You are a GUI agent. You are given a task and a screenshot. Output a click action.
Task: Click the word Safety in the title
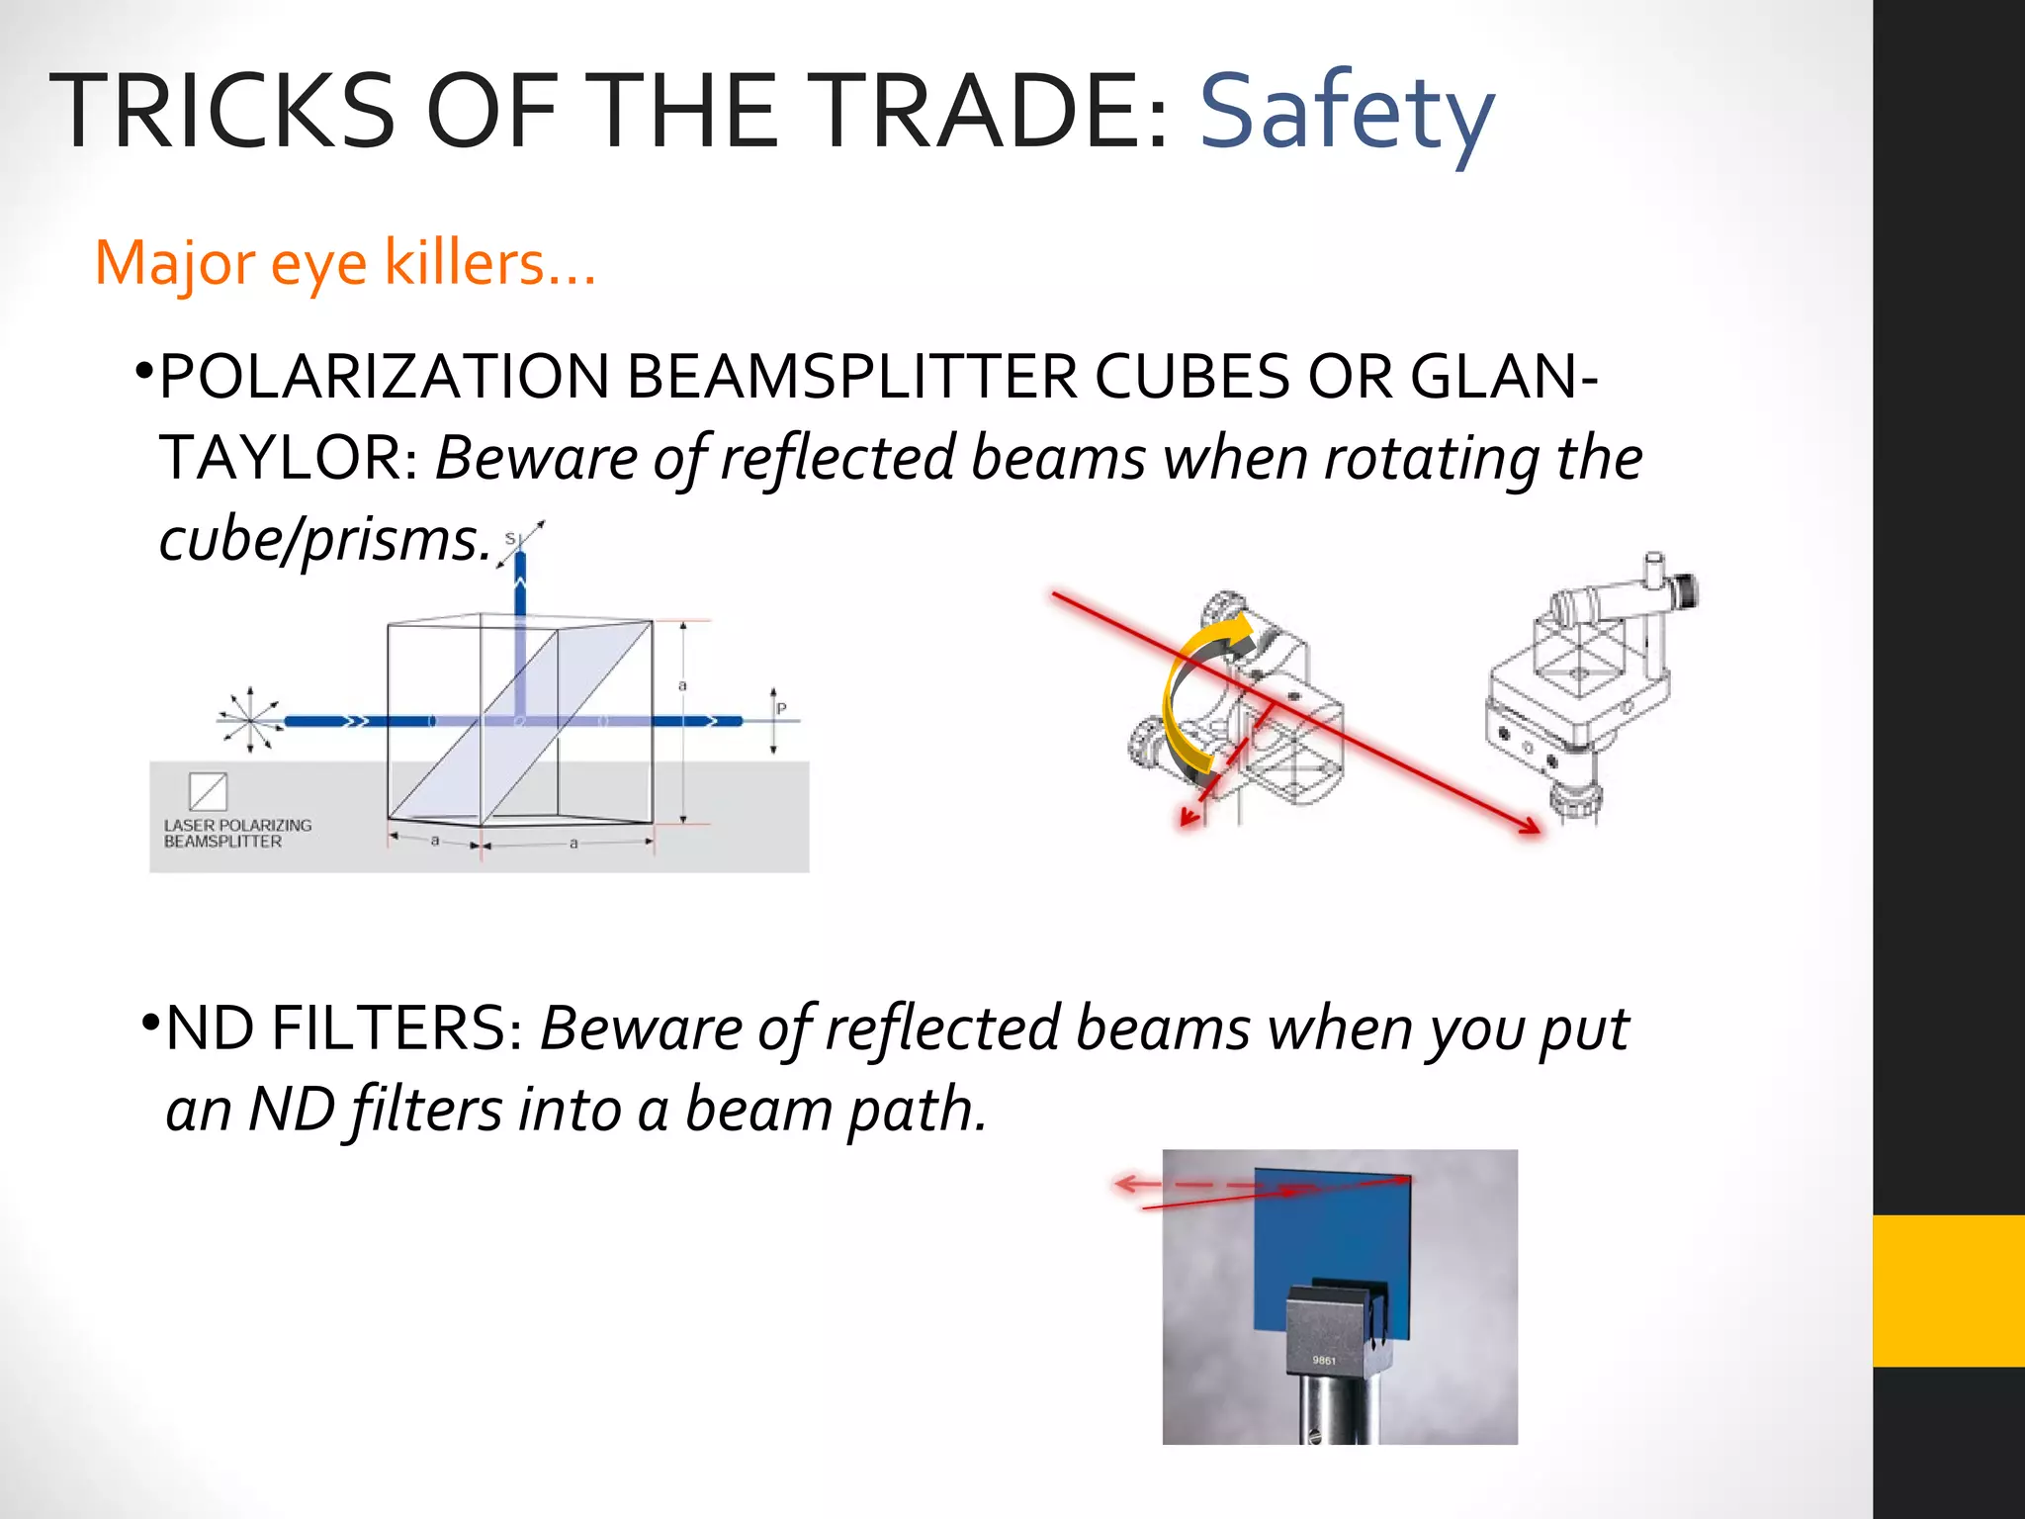point(1346,112)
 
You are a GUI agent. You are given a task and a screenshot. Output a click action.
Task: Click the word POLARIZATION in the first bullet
point(384,377)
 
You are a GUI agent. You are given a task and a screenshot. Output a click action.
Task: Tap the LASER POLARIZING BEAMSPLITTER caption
point(237,833)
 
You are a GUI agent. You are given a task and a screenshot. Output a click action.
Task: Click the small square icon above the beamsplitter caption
point(208,791)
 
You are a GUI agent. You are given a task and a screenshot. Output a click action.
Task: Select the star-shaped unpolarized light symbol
point(249,719)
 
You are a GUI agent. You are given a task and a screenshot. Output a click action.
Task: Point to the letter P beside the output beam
point(781,708)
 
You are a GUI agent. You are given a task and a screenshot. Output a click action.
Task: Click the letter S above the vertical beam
point(510,539)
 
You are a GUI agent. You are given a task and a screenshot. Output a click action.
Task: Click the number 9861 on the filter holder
point(1324,1361)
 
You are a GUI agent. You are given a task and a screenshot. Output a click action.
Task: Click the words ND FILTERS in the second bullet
point(335,1028)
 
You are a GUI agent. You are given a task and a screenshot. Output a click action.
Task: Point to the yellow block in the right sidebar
point(1948,1291)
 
